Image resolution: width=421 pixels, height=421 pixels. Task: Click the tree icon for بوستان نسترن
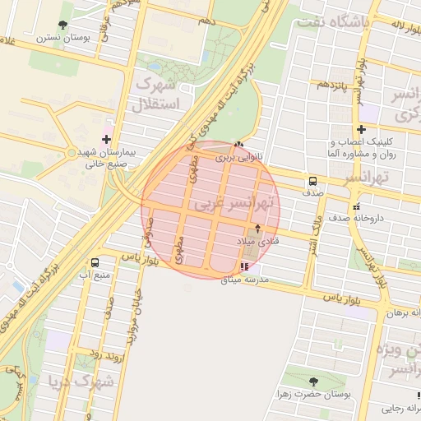64,25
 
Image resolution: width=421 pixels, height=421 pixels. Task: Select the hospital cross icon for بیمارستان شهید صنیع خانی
106,139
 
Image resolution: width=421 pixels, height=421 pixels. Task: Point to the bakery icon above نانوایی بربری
238,143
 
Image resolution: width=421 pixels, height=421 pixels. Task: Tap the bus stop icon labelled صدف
312,182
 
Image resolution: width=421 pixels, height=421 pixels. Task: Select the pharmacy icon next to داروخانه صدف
356,206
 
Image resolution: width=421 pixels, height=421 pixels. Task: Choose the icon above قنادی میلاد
259,229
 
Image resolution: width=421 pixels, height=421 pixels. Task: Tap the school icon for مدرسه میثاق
243,266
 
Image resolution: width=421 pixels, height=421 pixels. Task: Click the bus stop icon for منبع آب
95,263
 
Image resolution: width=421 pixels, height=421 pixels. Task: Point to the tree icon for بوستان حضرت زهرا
313,382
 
